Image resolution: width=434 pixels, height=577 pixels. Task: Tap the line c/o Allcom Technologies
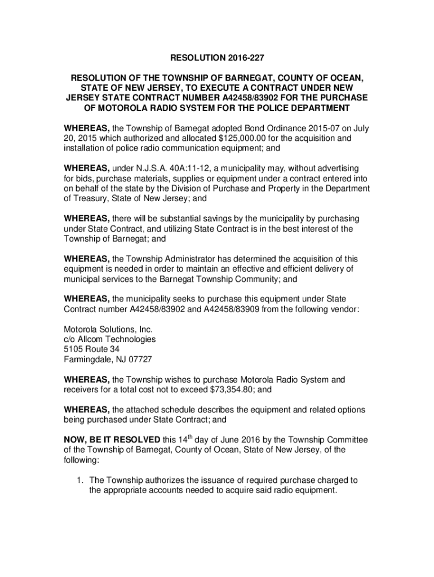pyautogui.click(x=109, y=339)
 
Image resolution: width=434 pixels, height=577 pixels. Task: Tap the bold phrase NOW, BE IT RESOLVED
pyautogui.click(x=112, y=440)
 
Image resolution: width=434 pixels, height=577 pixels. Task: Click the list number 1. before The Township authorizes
pyautogui.click(x=81, y=480)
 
